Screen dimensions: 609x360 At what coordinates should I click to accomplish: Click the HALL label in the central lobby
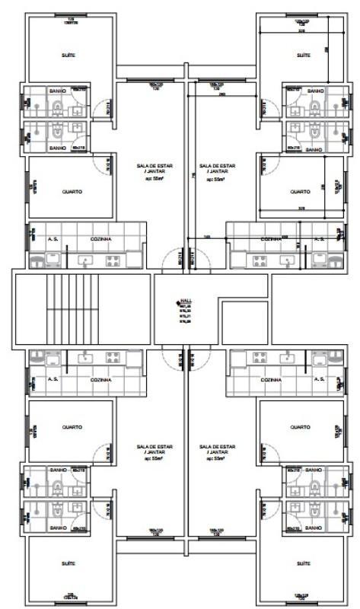click(x=184, y=301)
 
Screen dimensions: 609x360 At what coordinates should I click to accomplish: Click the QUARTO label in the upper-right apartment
click(x=300, y=192)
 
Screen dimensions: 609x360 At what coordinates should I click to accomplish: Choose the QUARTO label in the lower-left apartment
click(x=72, y=427)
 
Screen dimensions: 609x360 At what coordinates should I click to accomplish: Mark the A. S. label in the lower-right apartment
click(x=320, y=378)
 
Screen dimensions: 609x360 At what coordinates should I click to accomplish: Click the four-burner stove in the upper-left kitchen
click(x=113, y=261)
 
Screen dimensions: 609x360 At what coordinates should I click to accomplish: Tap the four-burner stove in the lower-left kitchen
click(x=113, y=356)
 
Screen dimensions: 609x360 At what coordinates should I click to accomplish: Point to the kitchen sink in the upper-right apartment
click(x=288, y=261)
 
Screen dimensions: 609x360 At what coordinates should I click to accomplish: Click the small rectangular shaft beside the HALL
click(x=244, y=321)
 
